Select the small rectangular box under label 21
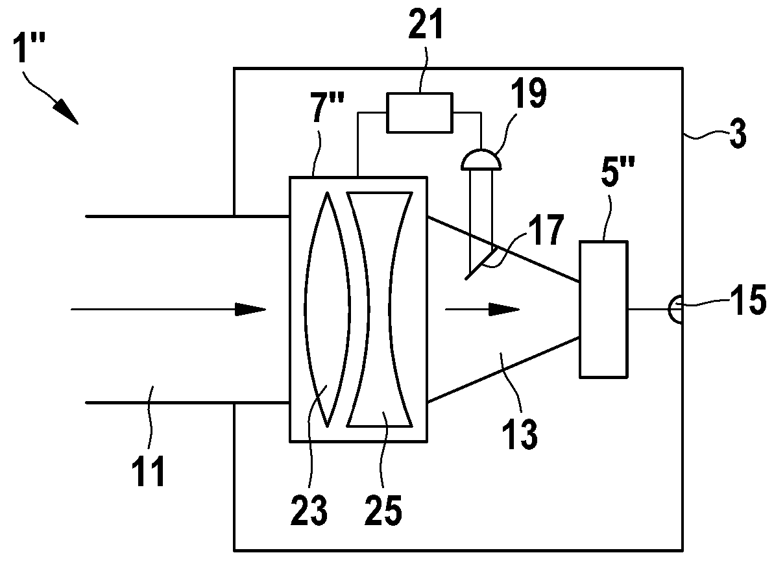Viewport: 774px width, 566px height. tap(419, 113)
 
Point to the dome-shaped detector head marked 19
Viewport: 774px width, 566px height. tap(481, 158)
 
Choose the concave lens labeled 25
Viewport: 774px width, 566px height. tap(380, 309)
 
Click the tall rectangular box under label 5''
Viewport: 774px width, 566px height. tap(604, 309)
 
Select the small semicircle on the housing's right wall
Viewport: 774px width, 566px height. tap(676, 309)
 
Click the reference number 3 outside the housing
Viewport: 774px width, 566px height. tap(738, 134)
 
